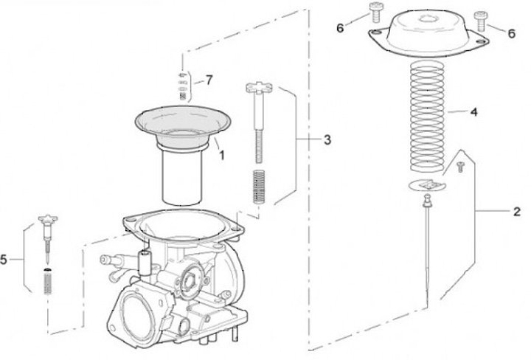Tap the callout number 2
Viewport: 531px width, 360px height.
(x=517, y=212)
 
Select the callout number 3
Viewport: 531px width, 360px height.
(x=327, y=139)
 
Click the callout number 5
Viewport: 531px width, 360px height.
(x=6, y=260)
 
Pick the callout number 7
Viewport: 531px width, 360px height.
(x=209, y=80)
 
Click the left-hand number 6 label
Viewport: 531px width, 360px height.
(x=340, y=28)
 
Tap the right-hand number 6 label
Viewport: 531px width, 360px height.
(x=511, y=32)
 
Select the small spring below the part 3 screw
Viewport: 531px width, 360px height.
(x=258, y=187)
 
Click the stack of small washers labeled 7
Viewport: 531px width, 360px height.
(x=184, y=85)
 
